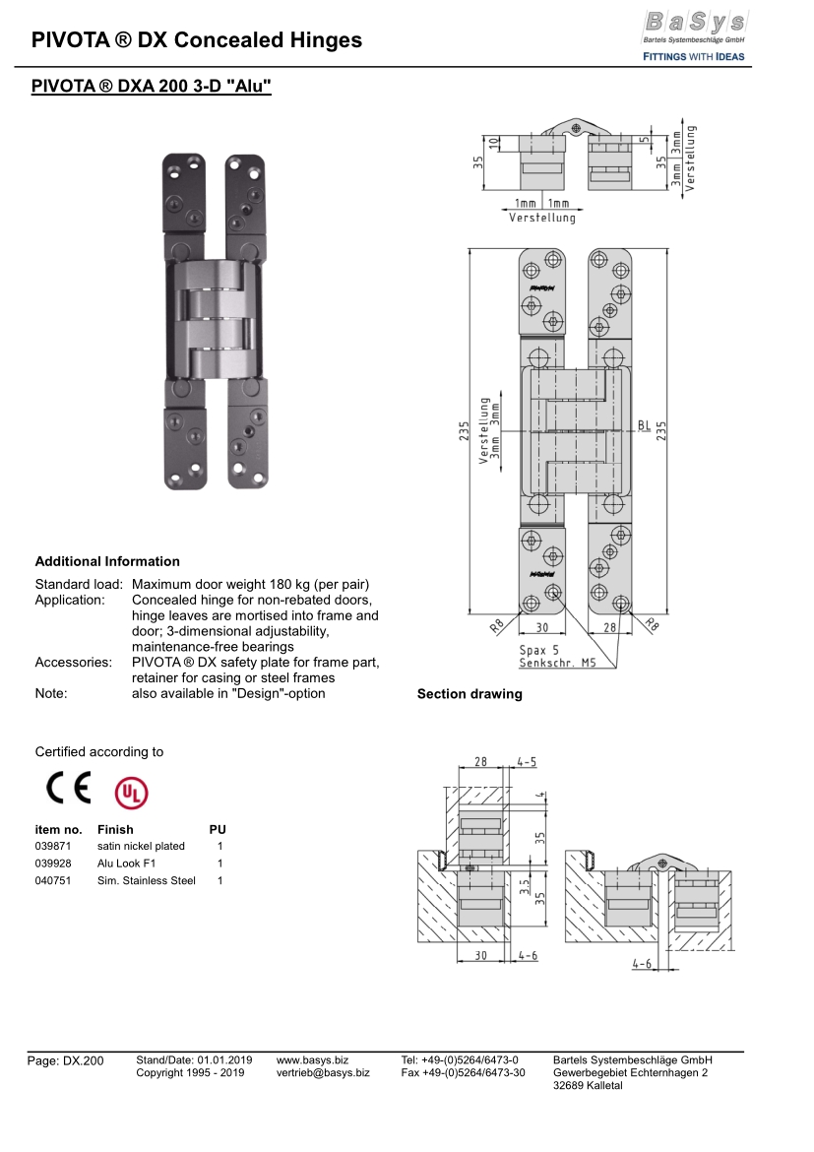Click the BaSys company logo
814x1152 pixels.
coord(693,24)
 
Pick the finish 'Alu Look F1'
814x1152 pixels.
coord(127,864)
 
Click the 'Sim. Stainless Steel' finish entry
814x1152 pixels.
coord(146,880)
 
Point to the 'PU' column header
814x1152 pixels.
coord(218,829)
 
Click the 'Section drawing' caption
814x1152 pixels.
coord(470,694)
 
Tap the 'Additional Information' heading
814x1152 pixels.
coord(107,561)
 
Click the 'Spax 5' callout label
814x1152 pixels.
coord(538,650)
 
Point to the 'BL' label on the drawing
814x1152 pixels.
coord(644,426)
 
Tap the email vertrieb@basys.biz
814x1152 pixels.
coord(323,1072)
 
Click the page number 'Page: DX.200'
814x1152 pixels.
coord(65,1060)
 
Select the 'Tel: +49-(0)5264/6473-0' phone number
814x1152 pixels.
coord(460,1059)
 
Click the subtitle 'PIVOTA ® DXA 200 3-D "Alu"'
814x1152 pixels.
coord(151,87)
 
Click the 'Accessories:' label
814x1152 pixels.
coord(73,662)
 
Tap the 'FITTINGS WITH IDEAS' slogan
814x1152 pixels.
coord(693,56)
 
